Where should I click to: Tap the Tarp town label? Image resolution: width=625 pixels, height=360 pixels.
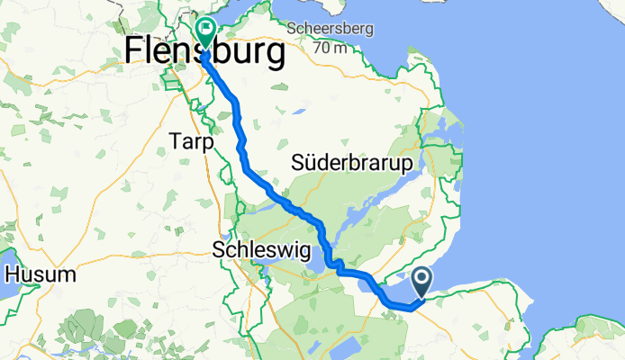point(190,142)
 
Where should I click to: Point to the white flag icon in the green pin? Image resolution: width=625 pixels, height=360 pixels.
point(205,30)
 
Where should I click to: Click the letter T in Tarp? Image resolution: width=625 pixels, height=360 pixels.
point(175,142)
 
